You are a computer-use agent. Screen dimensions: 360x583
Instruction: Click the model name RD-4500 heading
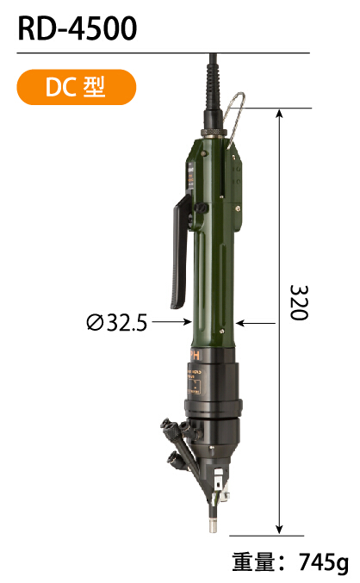click(x=78, y=28)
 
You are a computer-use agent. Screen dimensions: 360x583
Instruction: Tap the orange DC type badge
click(x=77, y=87)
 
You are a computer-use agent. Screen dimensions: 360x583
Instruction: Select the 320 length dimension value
click(x=299, y=302)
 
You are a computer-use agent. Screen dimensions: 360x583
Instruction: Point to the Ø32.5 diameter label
click(x=116, y=322)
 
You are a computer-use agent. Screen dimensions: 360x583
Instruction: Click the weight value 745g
click(x=323, y=563)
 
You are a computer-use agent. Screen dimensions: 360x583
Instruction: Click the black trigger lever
click(x=181, y=253)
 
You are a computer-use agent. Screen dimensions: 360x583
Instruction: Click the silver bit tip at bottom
click(x=213, y=525)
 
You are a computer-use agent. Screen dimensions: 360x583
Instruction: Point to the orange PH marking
click(x=195, y=355)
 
